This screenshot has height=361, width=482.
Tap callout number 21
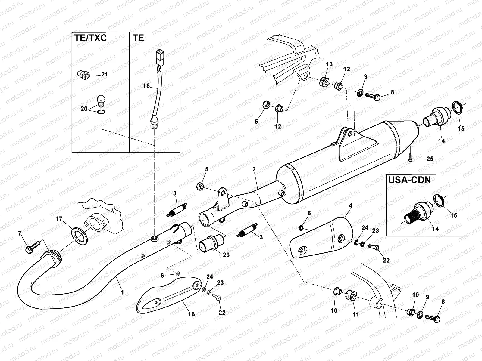[x=104, y=74]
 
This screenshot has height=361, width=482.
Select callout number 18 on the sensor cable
[x=146, y=86]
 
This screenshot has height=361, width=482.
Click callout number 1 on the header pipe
[x=122, y=292]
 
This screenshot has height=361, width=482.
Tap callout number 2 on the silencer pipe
[x=254, y=169]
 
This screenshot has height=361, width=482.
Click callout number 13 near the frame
[x=329, y=64]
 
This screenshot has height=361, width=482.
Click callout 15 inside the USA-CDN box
[x=453, y=215]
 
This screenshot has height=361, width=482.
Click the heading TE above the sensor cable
[x=138, y=38]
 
